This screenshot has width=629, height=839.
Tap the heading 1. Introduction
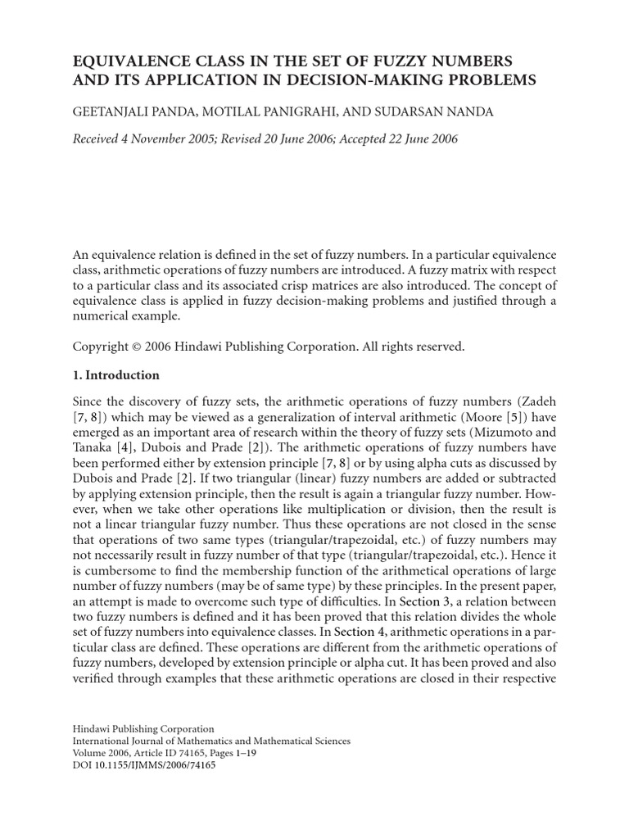click(116, 375)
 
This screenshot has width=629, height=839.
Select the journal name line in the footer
click(212, 741)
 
